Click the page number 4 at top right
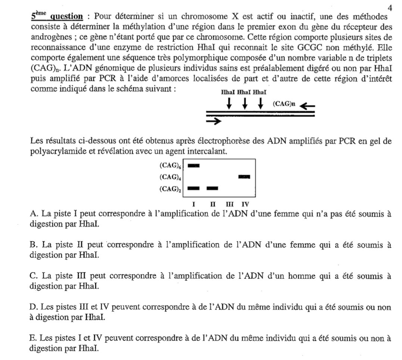coord(390,7)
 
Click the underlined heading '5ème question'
coord(57,16)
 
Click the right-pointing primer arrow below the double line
coord(214,121)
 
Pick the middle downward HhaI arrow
coord(245,103)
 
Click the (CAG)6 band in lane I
coord(194,165)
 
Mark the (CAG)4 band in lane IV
coord(244,177)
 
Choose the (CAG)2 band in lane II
coord(212,188)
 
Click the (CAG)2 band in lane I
coord(194,188)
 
